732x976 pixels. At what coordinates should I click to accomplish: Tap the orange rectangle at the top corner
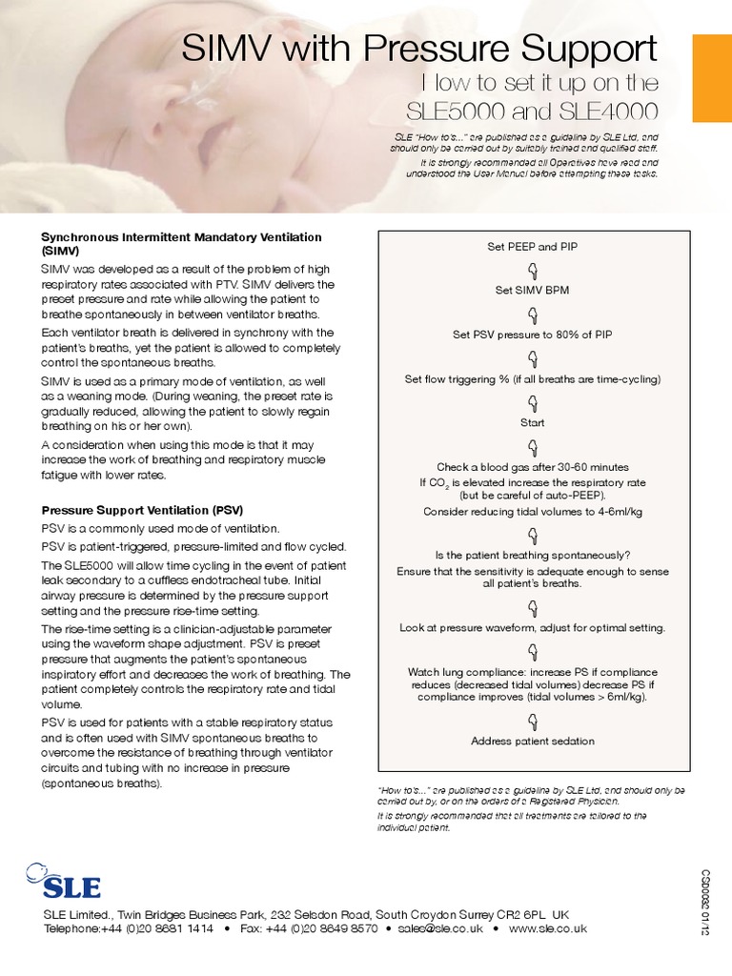click(711, 65)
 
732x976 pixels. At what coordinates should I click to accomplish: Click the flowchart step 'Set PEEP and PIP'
click(533, 247)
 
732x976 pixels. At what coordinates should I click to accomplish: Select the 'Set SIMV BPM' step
click(532, 291)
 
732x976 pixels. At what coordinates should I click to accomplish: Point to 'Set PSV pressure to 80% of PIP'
click(533, 335)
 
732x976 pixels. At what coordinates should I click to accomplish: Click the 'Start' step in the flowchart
click(533, 422)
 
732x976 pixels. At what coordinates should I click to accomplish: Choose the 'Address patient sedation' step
click(533, 741)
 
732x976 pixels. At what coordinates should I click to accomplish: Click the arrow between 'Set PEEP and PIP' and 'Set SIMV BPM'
click(533, 269)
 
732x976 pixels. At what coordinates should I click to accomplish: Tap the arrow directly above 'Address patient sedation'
click(533, 720)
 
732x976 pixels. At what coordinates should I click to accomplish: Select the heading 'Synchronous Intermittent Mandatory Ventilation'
click(181, 236)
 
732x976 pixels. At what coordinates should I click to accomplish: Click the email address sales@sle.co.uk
click(440, 928)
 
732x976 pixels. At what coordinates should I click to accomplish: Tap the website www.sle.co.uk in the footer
click(548, 928)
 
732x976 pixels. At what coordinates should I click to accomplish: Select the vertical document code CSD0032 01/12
click(706, 902)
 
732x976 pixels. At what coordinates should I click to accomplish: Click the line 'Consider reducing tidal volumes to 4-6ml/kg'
click(533, 512)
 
